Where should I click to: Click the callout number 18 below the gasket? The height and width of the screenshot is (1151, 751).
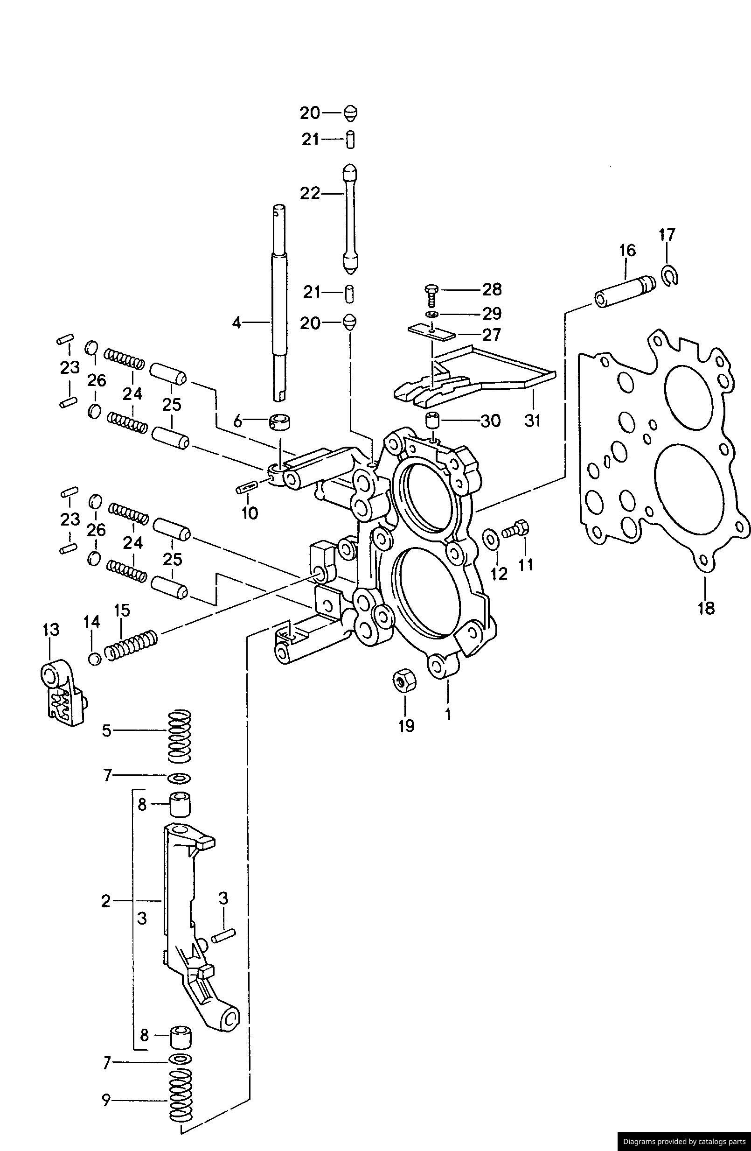tap(706, 607)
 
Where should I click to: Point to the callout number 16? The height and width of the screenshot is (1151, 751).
tap(628, 251)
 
